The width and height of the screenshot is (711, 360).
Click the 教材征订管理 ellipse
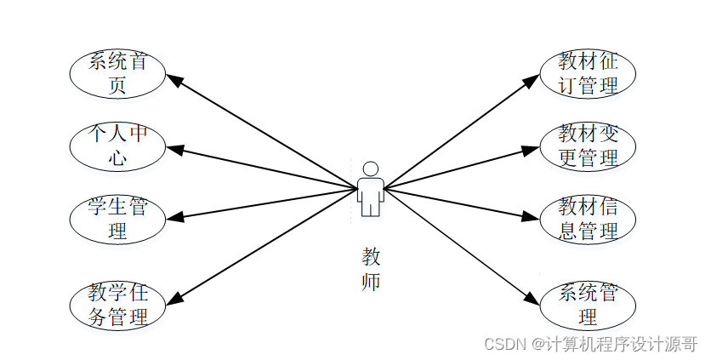588,74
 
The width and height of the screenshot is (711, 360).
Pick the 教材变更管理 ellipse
588,146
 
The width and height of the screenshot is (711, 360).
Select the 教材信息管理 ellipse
588,219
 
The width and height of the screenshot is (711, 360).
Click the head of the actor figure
370,168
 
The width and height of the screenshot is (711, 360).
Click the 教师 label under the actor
371,268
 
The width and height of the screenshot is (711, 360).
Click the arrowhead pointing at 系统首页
173,80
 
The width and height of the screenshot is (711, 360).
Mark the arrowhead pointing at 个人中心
175,151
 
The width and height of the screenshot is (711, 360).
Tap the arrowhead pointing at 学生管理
175,216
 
